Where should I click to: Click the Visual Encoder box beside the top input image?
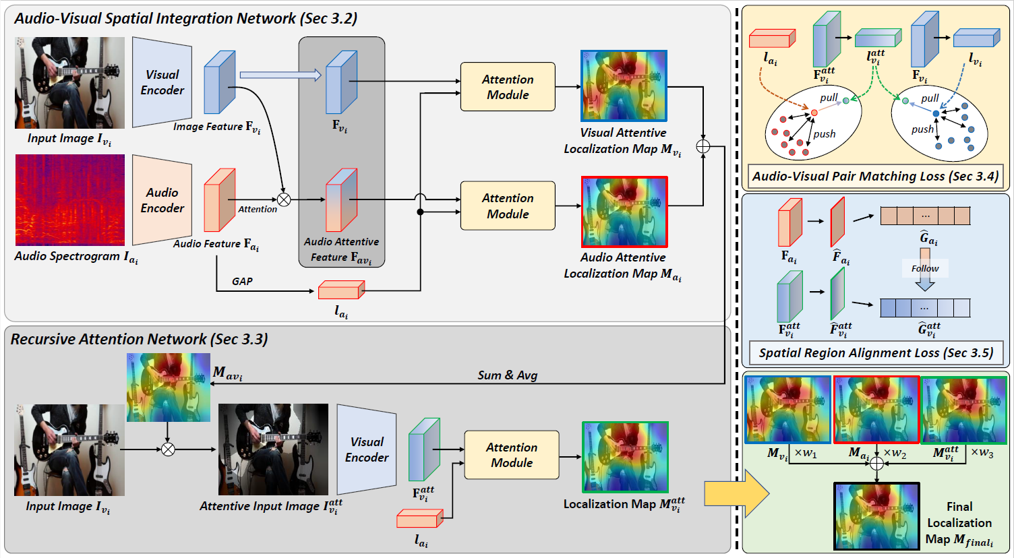click(x=162, y=82)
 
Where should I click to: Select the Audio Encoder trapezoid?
click(x=162, y=200)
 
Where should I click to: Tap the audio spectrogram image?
click(x=70, y=200)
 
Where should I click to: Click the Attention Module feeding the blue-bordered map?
click(x=508, y=87)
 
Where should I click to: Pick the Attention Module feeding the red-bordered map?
click(x=508, y=206)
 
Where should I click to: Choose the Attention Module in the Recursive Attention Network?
click(x=512, y=455)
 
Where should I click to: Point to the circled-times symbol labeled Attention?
click(x=284, y=199)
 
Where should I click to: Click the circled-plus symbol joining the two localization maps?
click(x=703, y=146)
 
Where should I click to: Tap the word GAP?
click(x=242, y=281)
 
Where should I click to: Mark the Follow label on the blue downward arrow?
click(x=925, y=268)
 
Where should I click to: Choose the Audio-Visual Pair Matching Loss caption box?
click(x=875, y=177)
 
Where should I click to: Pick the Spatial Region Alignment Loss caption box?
click(x=876, y=353)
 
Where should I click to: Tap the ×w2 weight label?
click(x=895, y=454)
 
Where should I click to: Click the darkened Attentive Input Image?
click(x=273, y=449)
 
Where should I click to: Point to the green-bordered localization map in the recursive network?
click(x=625, y=457)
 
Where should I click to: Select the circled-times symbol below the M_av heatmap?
click(x=168, y=449)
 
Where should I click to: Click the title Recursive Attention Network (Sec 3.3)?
click(x=140, y=339)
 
